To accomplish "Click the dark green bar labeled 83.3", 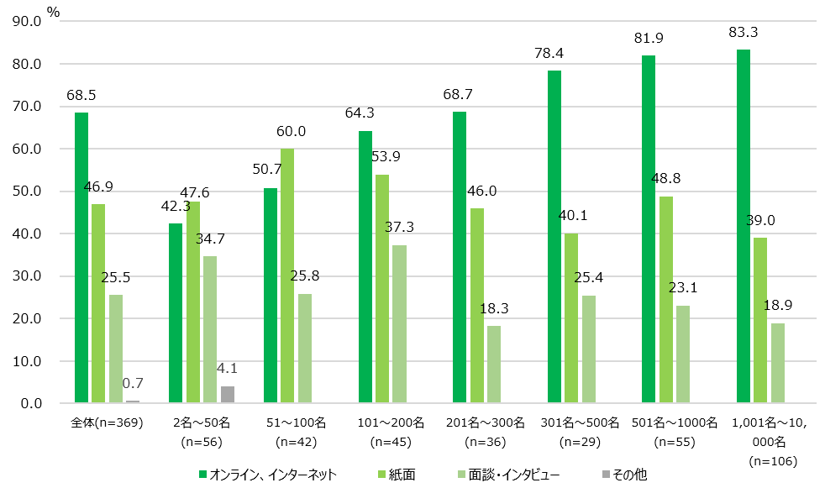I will pos(744,227).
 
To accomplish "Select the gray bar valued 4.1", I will pos(228,395).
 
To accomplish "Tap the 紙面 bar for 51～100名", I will pos(287,276).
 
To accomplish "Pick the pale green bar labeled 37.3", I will pos(399,324).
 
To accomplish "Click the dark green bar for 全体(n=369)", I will pos(81,258).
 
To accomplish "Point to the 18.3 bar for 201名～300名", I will pos(494,365).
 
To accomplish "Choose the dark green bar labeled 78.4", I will pos(554,237).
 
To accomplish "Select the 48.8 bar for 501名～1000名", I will pos(665,300).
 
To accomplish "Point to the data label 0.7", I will pos(133,384).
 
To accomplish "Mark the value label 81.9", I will pos(648,39).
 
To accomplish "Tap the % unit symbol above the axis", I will pos(54,12).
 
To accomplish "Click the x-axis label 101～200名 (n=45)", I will pos(393,429).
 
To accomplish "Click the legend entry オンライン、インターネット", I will pos(268,475).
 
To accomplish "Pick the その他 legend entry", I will pos(623,475).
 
